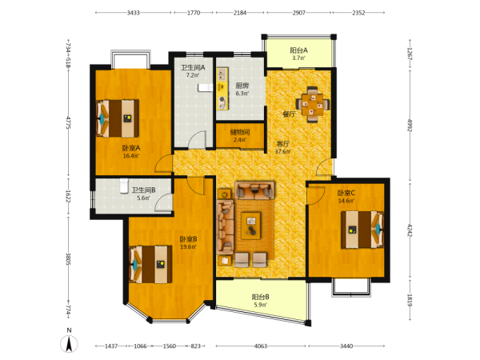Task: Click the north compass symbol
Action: (69, 343)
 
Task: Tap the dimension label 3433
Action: (133, 13)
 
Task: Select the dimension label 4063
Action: (261, 346)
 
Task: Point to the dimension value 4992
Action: (410, 125)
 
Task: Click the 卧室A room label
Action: (131, 148)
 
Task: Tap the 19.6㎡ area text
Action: (188, 246)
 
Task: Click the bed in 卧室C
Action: (362, 230)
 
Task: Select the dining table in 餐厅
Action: (313, 104)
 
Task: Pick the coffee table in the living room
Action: (251, 226)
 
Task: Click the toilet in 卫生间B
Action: (124, 186)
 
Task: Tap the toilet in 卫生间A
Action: (205, 87)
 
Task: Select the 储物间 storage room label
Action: (240, 132)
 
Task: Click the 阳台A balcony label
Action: (299, 50)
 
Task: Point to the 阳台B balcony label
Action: (261, 297)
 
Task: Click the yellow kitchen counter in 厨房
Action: (222, 89)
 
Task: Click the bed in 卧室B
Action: (150, 264)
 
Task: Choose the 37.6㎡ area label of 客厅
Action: (282, 151)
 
